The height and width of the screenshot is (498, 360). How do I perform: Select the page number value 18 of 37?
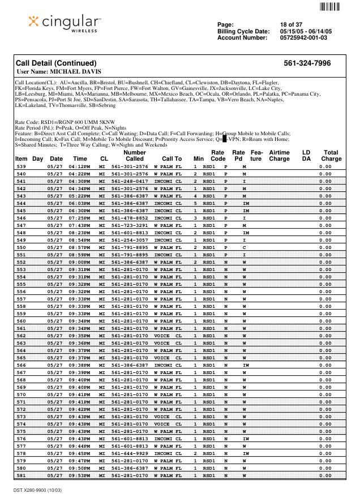point(291,24)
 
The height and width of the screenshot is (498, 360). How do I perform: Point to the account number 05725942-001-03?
point(303,37)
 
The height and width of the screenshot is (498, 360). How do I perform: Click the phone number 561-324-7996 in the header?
point(307,63)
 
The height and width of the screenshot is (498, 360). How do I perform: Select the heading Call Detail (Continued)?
point(56,63)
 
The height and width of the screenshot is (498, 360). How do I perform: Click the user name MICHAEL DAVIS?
point(59,72)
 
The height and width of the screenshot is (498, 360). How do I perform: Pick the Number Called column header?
point(134,156)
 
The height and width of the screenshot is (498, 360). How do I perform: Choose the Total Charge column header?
point(331,156)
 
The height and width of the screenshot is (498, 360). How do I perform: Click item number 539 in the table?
point(21,167)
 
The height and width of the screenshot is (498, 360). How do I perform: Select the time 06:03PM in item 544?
point(80,203)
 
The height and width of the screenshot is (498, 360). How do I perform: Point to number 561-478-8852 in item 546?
point(130,217)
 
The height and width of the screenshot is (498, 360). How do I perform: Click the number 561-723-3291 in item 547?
point(130,225)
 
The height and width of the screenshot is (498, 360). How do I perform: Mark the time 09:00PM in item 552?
point(80,261)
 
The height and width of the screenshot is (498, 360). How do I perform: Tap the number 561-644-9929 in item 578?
point(130,453)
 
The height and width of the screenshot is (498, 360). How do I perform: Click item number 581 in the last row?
point(21,475)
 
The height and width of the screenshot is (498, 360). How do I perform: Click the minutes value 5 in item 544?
point(195,203)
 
